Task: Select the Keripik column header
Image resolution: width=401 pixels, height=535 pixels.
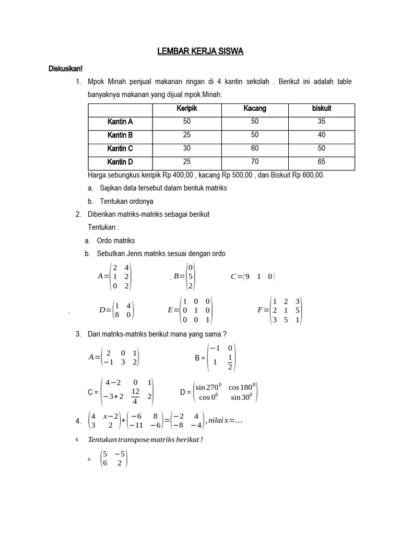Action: point(186,109)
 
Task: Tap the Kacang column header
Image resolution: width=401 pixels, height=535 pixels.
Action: point(254,109)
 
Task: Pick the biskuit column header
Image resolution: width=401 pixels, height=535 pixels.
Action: point(321,109)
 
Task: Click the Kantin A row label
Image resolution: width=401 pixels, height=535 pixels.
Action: point(120,122)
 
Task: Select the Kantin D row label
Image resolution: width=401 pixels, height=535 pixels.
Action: point(120,162)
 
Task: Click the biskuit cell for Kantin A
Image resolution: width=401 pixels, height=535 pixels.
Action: point(321,122)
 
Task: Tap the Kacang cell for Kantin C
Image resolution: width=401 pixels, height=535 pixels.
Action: point(254,148)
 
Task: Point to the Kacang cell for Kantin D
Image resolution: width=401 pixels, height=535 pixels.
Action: point(254,162)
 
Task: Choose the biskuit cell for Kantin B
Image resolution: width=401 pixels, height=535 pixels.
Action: point(321,135)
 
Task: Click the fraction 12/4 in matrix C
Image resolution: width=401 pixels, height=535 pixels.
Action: point(135,396)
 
